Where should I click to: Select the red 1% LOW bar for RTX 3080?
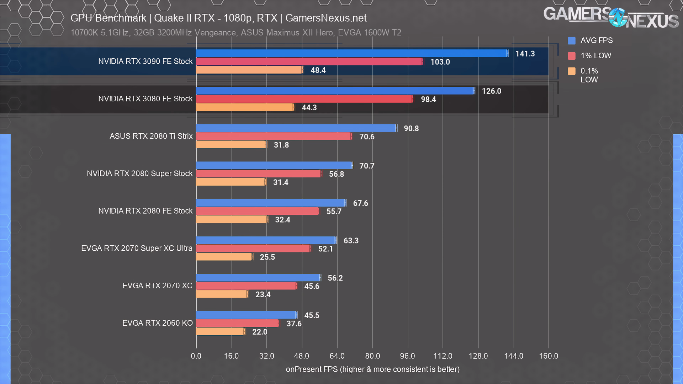(x=304, y=99)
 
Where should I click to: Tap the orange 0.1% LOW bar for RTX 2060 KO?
(x=220, y=332)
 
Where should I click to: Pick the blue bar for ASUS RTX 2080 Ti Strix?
(x=296, y=128)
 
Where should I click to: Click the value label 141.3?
(x=525, y=54)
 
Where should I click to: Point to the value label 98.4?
(x=428, y=99)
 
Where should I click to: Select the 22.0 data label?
(x=260, y=332)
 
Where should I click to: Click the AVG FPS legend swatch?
(x=572, y=41)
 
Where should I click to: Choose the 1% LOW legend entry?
(x=595, y=56)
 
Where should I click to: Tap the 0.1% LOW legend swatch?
(x=572, y=71)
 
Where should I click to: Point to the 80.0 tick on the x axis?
(x=372, y=356)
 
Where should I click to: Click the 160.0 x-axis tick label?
(x=549, y=356)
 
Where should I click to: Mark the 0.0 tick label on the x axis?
(x=196, y=356)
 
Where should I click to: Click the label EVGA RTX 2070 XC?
(x=157, y=286)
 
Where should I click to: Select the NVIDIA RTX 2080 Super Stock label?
(x=139, y=174)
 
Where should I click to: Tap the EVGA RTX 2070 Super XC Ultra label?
(x=137, y=248)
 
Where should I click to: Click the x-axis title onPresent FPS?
(x=372, y=369)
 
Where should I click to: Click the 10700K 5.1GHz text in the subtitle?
(x=100, y=33)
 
